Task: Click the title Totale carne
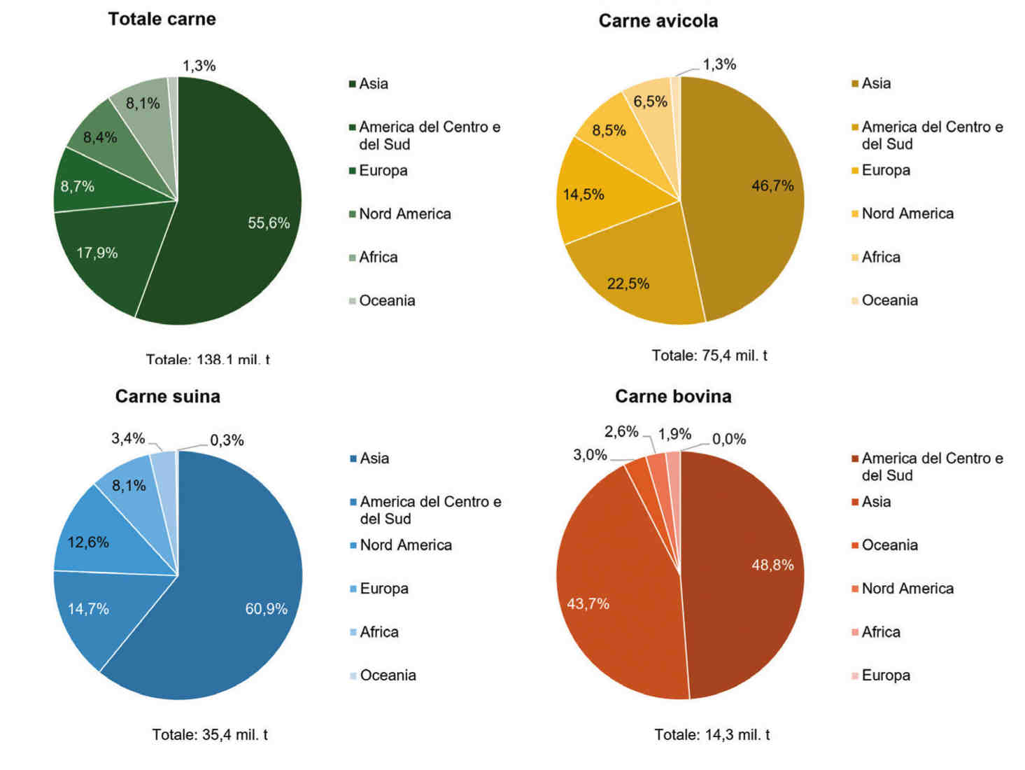click(162, 19)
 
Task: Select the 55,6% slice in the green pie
click(238, 203)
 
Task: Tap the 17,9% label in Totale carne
click(97, 253)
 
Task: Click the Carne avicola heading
click(658, 21)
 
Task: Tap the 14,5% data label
click(584, 195)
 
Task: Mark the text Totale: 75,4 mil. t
click(709, 356)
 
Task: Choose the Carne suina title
click(167, 396)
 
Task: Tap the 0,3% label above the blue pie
click(227, 440)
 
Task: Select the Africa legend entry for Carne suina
click(379, 632)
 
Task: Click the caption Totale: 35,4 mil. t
click(210, 735)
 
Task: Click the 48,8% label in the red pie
click(772, 565)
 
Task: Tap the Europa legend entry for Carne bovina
click(885, 675)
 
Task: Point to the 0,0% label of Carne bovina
click(729, 440)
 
